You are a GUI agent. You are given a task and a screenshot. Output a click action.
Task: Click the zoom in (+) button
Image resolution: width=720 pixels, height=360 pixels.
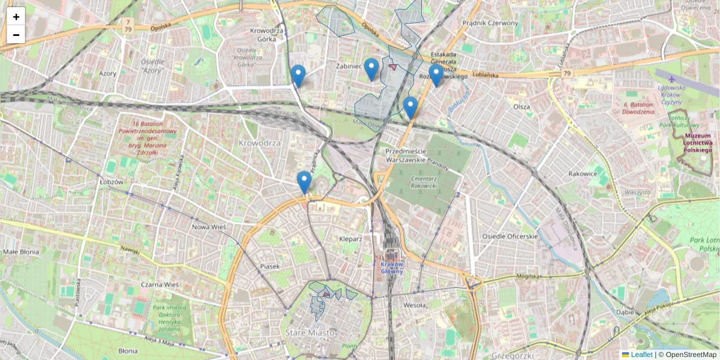tap(16, 17)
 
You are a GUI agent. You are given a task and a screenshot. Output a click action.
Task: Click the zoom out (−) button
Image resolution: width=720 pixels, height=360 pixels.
tap(16, 35)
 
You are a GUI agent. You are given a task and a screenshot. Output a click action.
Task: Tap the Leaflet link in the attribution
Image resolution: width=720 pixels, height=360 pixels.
tap(641, 355)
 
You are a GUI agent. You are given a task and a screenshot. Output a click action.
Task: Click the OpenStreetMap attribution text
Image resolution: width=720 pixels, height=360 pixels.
tap(691, 355)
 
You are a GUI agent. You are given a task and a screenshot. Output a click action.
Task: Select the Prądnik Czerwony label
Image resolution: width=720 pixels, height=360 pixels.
tap(490, 23)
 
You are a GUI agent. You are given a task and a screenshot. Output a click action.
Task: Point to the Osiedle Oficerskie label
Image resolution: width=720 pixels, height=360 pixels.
tap(510, 236)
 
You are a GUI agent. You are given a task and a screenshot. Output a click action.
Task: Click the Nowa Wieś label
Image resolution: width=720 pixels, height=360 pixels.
tap(208, 227)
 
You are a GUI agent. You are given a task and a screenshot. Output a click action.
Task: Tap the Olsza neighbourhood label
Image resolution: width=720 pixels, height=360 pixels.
tap(521, 106)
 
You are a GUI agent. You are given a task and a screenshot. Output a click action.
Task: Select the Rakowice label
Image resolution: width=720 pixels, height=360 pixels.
tap(583, 174)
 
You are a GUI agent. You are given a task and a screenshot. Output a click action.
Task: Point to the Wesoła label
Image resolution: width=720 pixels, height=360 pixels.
tap(415, 305)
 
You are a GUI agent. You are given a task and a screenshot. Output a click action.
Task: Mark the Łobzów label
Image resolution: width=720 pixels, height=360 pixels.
tap(112, 181)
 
